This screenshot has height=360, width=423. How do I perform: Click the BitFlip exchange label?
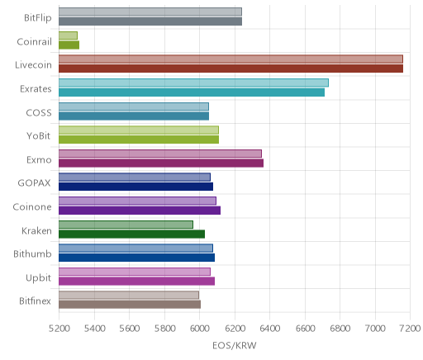tap(38, 18)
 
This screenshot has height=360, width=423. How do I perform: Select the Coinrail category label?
tap(34, 41)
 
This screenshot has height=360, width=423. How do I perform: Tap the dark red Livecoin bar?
tap(231, 69)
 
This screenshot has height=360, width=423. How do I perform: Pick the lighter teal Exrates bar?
tap(193, 83)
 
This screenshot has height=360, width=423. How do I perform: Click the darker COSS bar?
tap(134, 116)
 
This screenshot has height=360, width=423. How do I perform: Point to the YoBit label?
tap(38, 136)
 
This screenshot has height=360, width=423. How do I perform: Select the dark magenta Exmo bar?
tap(161, 163)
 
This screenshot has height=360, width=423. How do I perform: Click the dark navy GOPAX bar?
tap(135, 187)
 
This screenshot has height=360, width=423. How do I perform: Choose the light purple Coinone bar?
tap(137, 201)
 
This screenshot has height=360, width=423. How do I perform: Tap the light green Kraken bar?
tap(126, 225)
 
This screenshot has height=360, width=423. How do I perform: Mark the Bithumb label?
tap(32, 253)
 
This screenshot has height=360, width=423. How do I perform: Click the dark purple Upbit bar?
tap(136, 281)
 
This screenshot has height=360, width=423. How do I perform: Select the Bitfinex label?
tap(35, 301)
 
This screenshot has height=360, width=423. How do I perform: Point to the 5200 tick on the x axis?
tap(59, 328)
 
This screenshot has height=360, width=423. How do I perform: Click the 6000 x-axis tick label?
tap(199, 328)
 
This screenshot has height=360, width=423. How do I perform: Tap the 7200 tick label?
tap(411, 328)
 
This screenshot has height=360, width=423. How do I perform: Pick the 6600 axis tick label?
tap(305, 328)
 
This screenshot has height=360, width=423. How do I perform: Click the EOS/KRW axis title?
tap(235, 345)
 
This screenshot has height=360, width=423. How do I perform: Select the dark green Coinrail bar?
tap(69, 45)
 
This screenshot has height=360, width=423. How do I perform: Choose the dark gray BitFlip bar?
tap(150, 21)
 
